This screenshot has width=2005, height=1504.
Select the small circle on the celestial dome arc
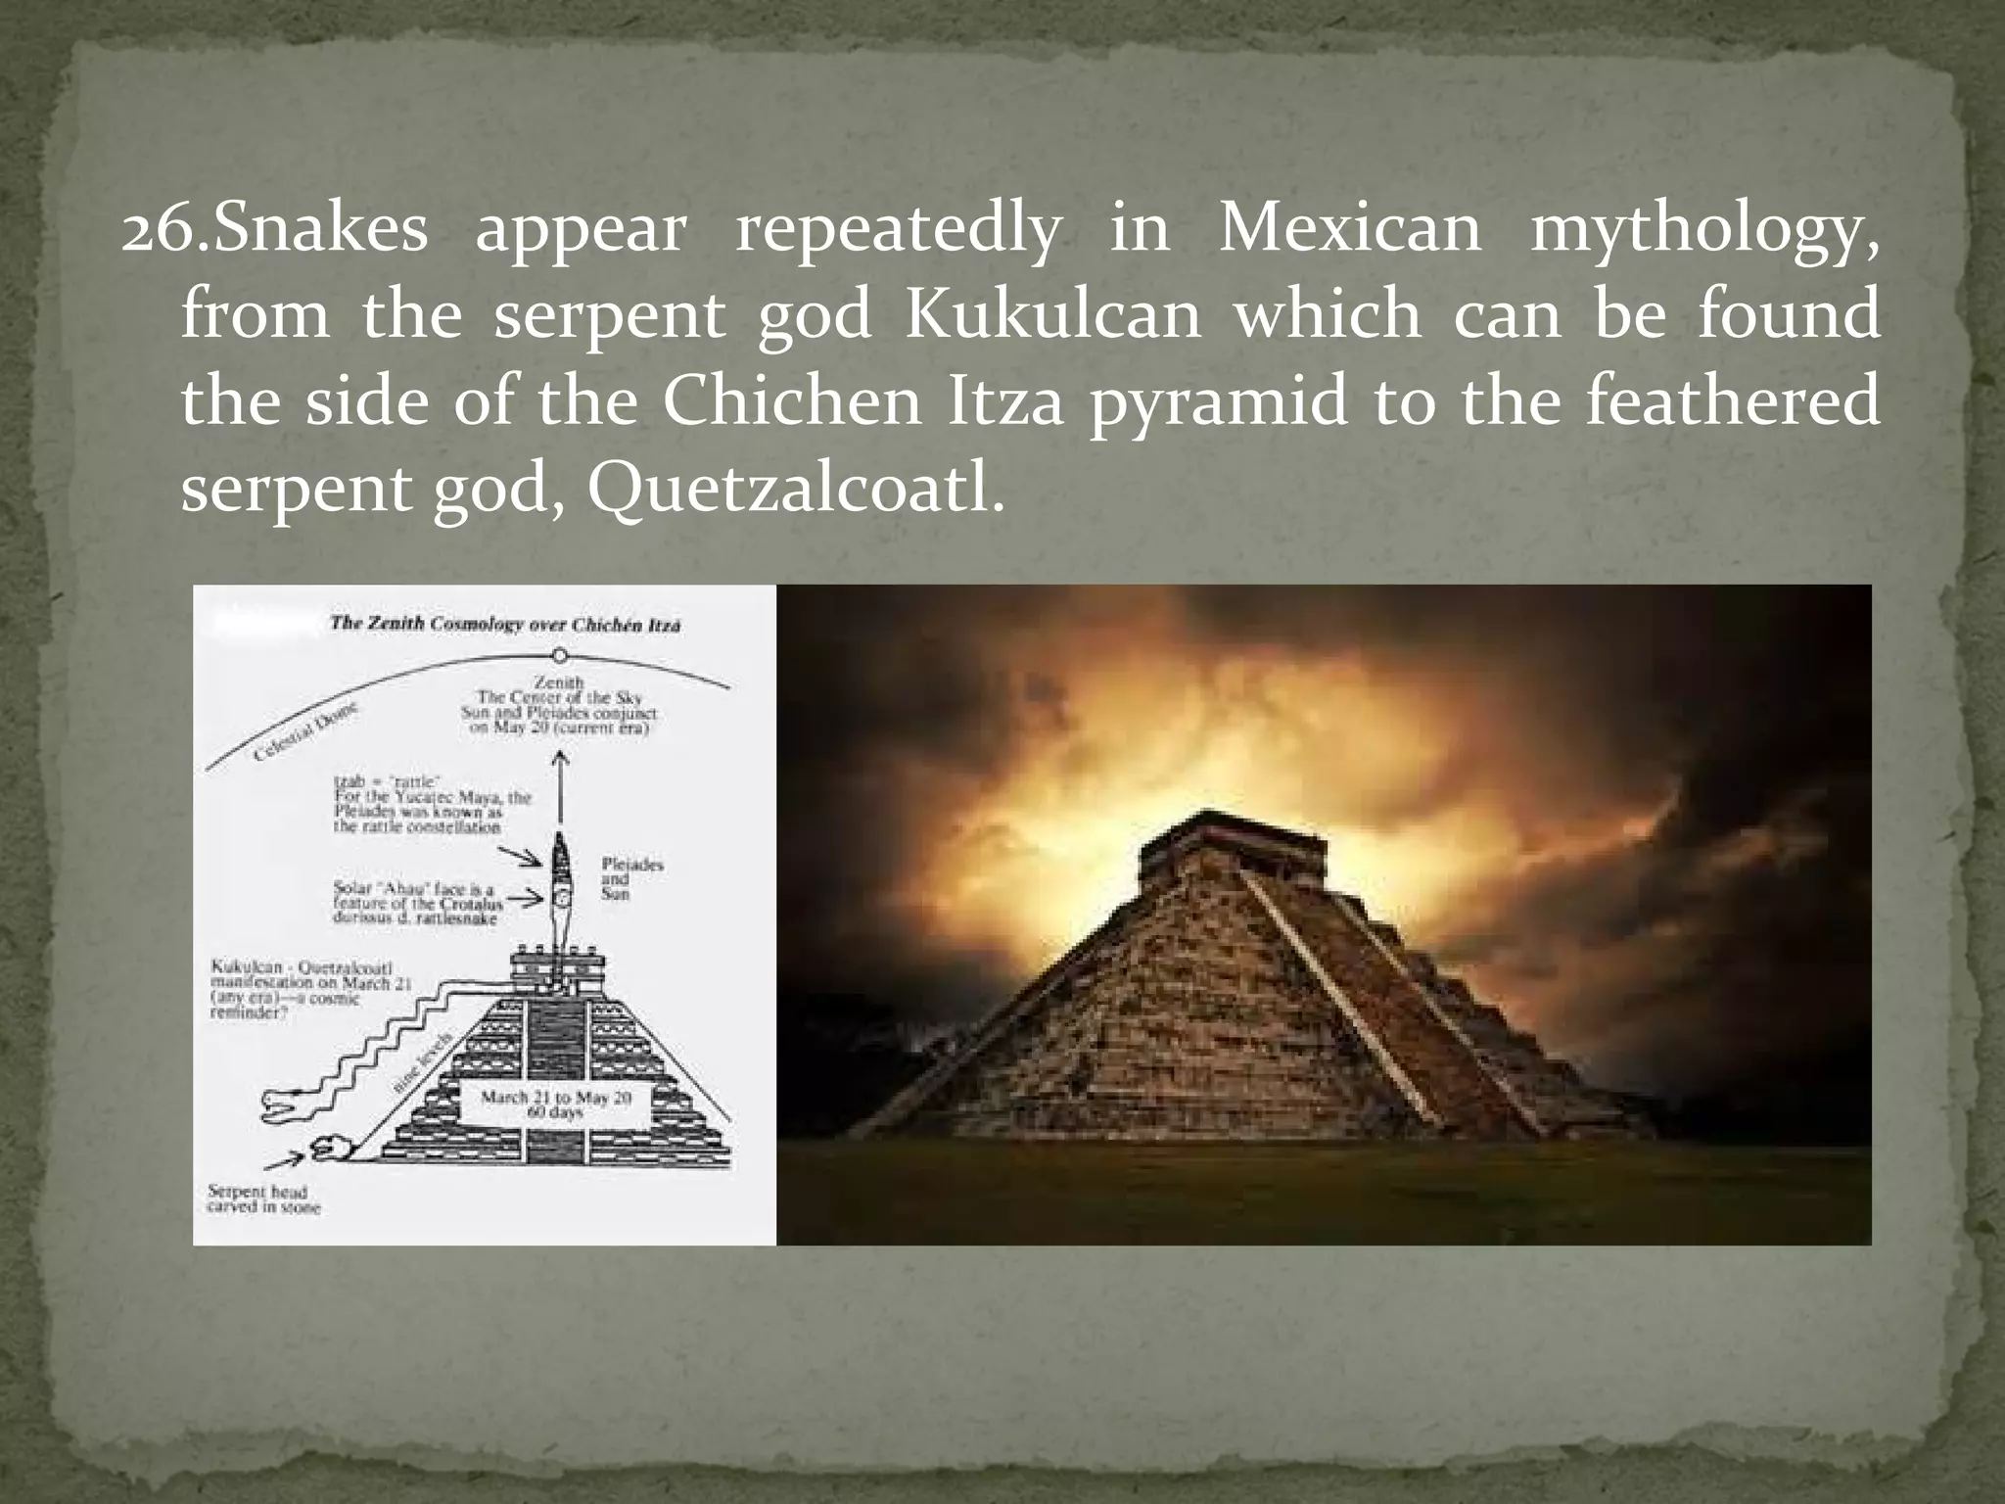pyautogui.click(x=559, y=654)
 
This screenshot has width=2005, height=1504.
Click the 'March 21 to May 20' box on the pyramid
pyautogui.click(x=556, y=1104)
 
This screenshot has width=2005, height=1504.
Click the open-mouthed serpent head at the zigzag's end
pyautogui.click(x=278, y=1106)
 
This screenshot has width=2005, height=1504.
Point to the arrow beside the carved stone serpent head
pyautogui.click(x=284, y=1161)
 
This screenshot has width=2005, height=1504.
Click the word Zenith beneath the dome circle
pyautogui.click(x=559, y=681)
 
